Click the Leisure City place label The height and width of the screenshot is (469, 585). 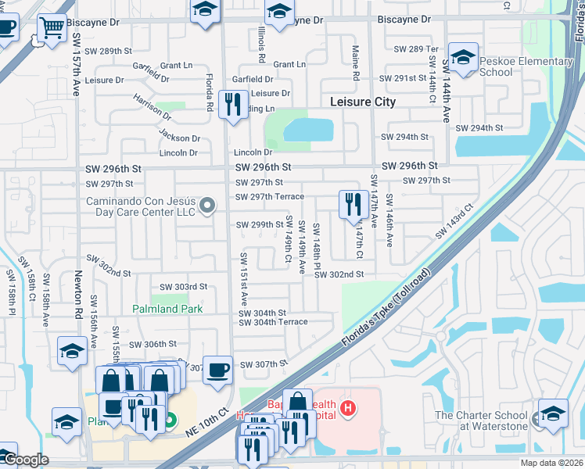click(x=362, y=102)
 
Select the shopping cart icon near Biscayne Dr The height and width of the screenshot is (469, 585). click(x=52, y=28)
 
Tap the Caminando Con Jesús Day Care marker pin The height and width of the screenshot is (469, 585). click(x=207, y=206)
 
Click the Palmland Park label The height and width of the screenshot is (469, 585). click(x=167, y=309)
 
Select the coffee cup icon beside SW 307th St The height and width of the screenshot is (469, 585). click(x=217, y=369)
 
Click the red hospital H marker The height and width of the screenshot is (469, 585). click(x=348, y=407)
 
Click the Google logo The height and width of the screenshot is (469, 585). click(x=26, y=460)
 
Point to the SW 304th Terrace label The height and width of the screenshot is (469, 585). click(x=273, y=322)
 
